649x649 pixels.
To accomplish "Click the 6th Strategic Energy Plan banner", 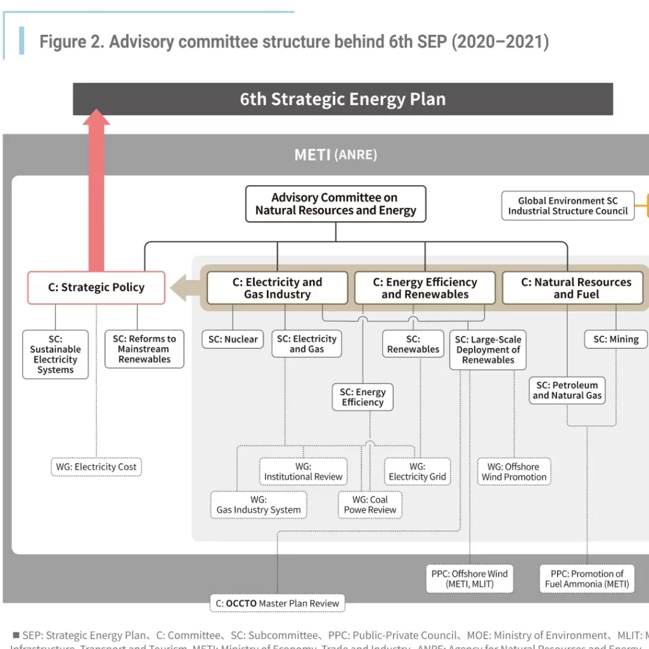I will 343,100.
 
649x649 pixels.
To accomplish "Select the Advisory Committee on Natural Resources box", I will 335,204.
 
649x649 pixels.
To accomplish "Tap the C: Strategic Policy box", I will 96,288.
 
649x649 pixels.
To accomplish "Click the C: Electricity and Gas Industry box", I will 277,288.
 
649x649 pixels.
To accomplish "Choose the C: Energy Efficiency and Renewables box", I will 425,288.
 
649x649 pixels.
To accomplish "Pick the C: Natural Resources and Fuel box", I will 575,288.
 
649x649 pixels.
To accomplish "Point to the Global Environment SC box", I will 567,206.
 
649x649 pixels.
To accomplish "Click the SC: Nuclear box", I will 233,339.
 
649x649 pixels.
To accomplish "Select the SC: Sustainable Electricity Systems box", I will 55,354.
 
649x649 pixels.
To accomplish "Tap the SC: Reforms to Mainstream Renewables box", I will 145,349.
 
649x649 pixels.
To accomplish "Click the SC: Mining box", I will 615,339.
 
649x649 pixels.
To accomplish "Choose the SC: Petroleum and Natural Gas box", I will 567,390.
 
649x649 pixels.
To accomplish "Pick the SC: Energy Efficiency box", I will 363,397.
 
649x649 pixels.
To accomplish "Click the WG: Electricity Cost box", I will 96,467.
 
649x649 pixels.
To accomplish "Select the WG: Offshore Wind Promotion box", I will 513,472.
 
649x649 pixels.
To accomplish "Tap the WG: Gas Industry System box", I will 259,505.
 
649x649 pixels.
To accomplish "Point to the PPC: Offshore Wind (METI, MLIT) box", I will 470,579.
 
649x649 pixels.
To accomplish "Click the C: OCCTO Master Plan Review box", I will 277,603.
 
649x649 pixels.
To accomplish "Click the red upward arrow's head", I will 96,118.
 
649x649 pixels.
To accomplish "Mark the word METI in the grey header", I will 312,155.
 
